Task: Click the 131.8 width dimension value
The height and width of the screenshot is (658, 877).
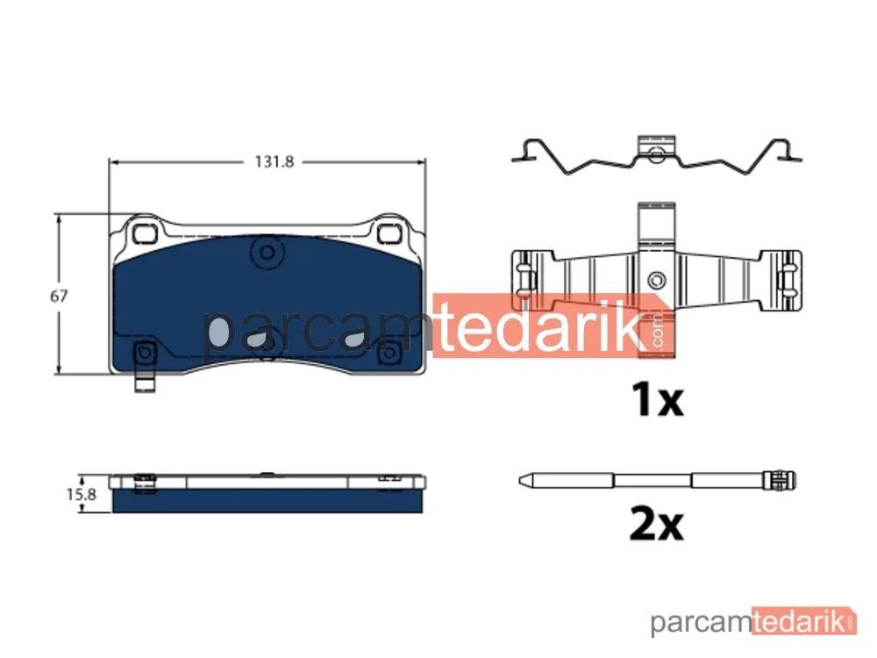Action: coord(274,161)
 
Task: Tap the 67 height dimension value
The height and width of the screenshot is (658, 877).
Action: coord(59,296)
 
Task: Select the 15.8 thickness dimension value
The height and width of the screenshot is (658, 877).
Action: coord(82,495)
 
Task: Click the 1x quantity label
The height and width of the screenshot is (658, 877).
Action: coord(657,399)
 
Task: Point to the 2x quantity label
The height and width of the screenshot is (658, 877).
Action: coord(657,524)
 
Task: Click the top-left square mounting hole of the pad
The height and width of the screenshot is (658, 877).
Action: coord(145,232)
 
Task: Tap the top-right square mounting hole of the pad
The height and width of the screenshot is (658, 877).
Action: coord(389,232)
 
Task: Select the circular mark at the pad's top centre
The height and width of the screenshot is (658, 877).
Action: coord(267,253)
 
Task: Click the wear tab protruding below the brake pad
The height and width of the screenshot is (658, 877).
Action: coord(145,384)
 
